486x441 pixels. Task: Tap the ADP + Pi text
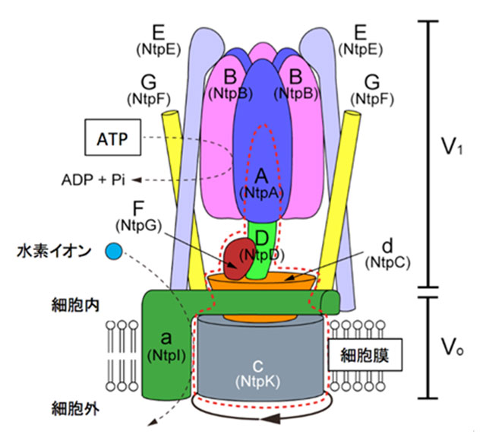[x=92, y=180]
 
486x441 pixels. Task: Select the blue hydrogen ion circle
[x=115, y=250]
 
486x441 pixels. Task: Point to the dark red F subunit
[x=237, y=257]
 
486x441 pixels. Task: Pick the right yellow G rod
[x=340, y=190]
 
